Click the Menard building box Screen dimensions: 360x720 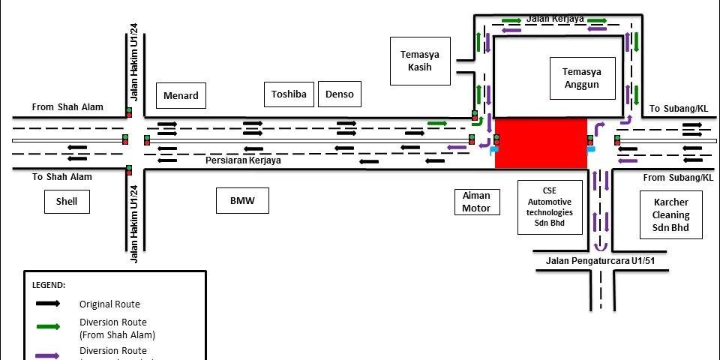[x=181, y=95]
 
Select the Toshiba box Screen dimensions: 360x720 [x=289, y=94]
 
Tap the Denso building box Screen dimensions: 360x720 [x=340, y=94]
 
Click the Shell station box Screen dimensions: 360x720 [x=67, y=201]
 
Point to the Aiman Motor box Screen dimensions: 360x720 [x=476, y=202]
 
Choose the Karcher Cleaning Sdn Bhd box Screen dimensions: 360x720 [x=670, y=214]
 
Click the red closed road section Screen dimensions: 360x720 [x=541, y=142]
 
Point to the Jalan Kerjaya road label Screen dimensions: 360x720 [x=555, y=18]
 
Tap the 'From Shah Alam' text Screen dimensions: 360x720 [x=67, y=107]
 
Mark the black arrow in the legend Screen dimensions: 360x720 [x=46, y=304]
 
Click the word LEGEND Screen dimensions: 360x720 [x=49, y=286]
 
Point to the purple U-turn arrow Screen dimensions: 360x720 [x=599, y=246]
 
